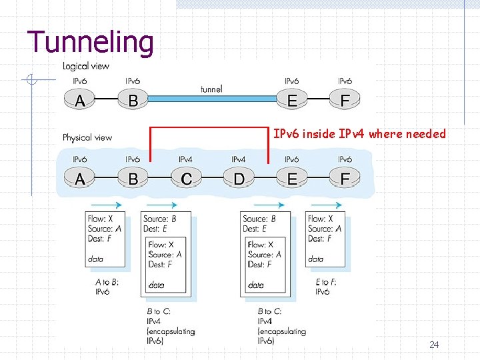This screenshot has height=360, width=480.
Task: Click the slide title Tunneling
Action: (91, 41)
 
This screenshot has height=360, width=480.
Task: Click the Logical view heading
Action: (86, 66)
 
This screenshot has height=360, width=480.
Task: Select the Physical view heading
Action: (87, 138)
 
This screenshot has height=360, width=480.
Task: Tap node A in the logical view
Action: (79, 100)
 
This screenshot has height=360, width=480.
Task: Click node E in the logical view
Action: (291, 100)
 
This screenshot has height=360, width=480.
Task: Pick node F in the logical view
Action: (345, 100)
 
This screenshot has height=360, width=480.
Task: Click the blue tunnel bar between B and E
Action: (212, 99)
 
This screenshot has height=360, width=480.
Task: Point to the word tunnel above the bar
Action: (211, 89)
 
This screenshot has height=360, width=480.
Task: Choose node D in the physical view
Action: (238, 179)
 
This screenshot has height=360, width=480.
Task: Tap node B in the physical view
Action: (133, 179)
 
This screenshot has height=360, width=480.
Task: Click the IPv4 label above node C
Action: (185, 160)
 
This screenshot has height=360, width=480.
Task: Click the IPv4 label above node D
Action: (238, 160)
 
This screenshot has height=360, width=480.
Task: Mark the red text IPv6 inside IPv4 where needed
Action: (359, 134)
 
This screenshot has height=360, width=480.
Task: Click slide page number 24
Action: (434, 345)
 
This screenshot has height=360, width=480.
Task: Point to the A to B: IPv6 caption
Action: (107, 287)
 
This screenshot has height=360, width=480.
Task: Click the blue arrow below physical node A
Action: (106, 205)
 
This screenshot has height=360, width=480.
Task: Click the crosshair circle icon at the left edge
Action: (30, 81)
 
